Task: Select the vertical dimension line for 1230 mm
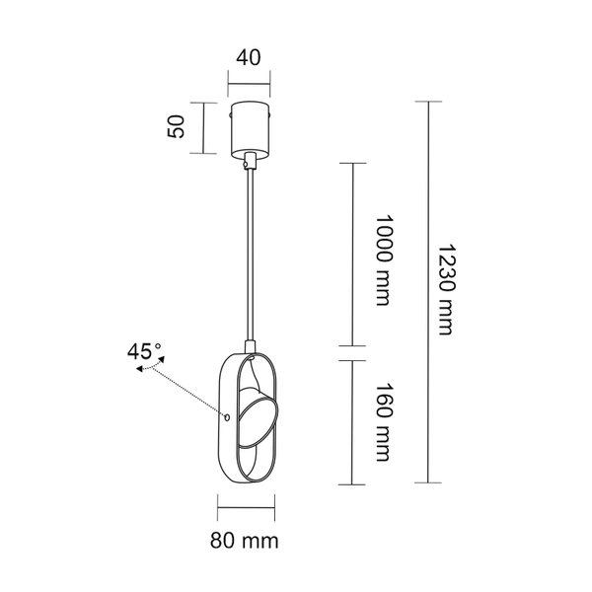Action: tap(427, 292)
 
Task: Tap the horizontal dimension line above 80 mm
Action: tap(248, 510)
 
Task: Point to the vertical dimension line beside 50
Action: tap(202, 128)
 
